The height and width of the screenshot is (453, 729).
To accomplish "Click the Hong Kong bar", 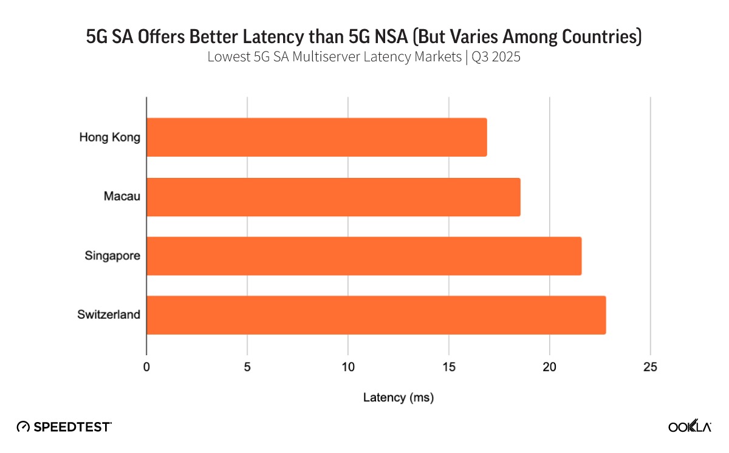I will [317, 137].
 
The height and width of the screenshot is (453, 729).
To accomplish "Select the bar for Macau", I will [334, 197].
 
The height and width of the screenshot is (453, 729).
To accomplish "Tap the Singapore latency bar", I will [364, 256].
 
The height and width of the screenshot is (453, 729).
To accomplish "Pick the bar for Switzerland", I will [376, 315].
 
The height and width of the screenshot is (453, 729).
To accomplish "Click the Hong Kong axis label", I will [109, 137].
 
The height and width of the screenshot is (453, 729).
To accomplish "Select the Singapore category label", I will [112, 256].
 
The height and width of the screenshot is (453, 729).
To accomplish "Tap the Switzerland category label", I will [109, 315].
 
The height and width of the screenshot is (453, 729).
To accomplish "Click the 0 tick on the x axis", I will [146, 367].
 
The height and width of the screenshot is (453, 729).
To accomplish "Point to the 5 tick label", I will [247, 367].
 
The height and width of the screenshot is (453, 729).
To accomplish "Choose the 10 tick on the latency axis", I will [348, 367].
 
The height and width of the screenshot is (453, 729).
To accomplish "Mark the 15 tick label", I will [449, 367].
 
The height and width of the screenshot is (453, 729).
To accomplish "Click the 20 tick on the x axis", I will [549, 367].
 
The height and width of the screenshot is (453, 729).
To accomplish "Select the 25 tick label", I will [650, 367].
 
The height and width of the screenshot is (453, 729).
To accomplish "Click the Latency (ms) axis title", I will [398, 398].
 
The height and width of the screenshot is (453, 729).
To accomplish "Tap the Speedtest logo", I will [64, 426].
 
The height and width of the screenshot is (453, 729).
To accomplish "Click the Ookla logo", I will [690, 426].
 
